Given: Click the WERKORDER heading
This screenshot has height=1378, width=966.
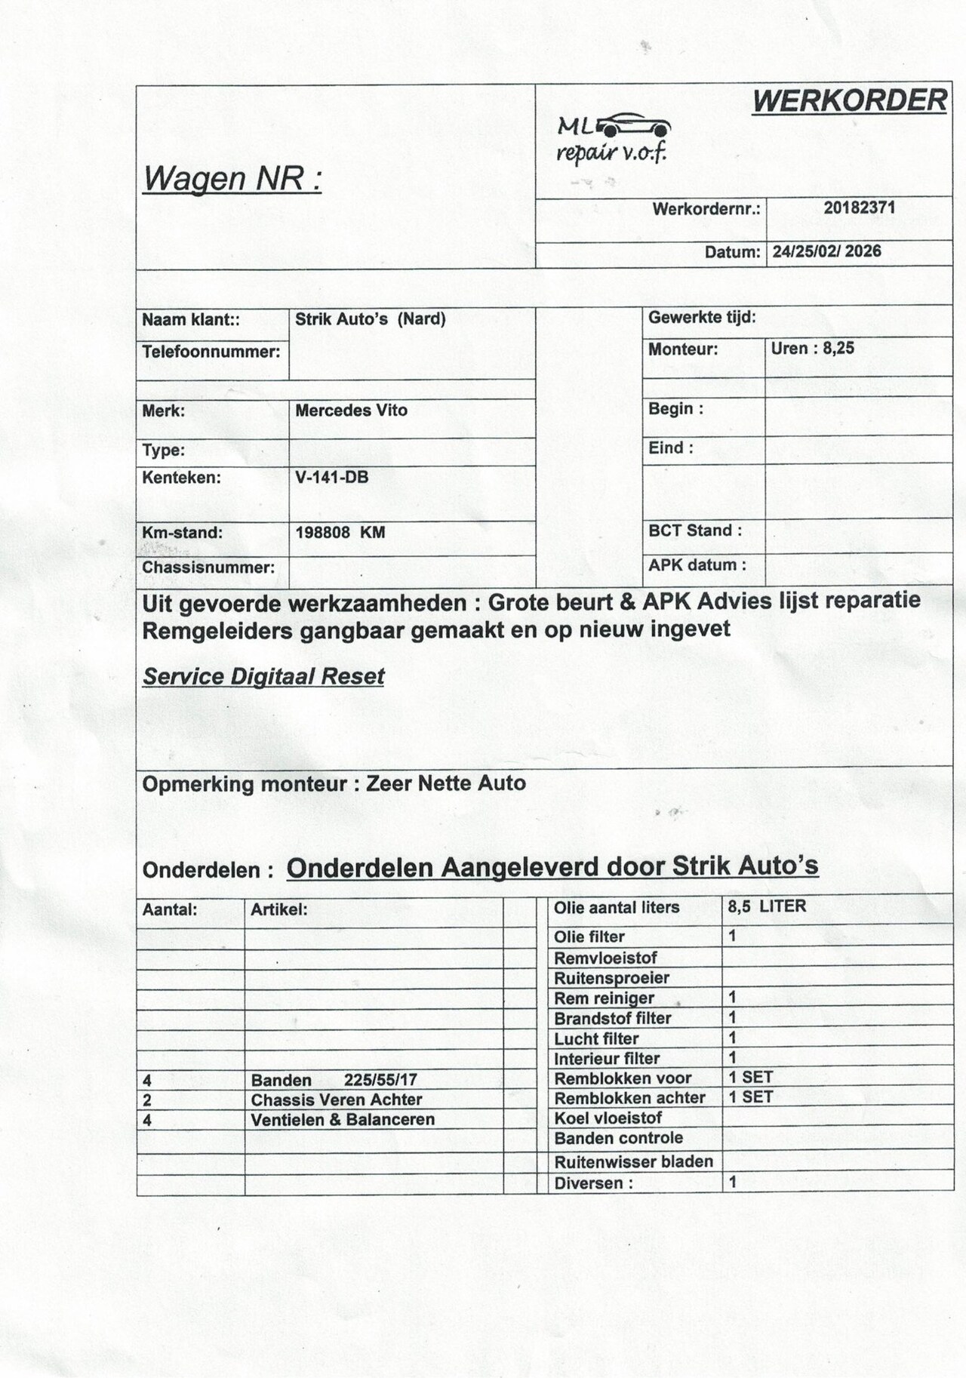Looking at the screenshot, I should (849, 100).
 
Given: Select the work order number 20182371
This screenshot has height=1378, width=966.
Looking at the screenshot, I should (859, 208).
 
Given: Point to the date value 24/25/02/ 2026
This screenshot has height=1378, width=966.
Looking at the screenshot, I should (826, 251).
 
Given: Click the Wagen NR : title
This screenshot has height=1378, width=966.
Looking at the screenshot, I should (232, 179).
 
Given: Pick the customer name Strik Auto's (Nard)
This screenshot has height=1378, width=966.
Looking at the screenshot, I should (370, 319).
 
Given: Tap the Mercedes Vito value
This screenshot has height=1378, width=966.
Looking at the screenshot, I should (351, 411).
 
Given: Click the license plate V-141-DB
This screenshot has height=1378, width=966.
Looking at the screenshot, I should (331, 477).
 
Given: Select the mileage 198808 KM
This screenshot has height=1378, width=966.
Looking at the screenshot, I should (340, 532).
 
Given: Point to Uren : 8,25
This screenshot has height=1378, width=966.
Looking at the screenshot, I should (812, 349).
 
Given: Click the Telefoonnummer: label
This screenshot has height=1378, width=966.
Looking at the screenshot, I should (211, 352).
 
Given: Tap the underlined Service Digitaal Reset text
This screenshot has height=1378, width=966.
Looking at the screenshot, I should (263, 676).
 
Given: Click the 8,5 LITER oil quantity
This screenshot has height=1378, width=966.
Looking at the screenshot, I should (766, 906).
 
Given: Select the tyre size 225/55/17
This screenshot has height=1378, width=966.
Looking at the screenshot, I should (380, 1080).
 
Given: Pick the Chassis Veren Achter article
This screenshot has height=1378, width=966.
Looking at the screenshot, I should (336, 1100).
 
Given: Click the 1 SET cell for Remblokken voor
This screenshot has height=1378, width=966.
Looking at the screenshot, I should (750, 1077).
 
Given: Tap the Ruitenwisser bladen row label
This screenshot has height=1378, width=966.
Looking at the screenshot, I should (633, 1161).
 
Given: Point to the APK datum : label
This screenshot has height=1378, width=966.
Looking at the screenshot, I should (697, 565).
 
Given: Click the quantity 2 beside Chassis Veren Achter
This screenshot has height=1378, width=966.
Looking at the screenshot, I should (147, 1100).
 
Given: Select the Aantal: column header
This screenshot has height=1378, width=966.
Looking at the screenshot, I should (169, 910).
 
